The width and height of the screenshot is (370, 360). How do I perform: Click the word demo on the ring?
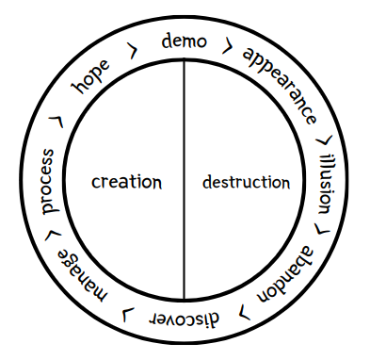point(185,41)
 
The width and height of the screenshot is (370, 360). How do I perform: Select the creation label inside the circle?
point(126,181)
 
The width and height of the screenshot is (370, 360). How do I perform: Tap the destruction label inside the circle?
point(246,181)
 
